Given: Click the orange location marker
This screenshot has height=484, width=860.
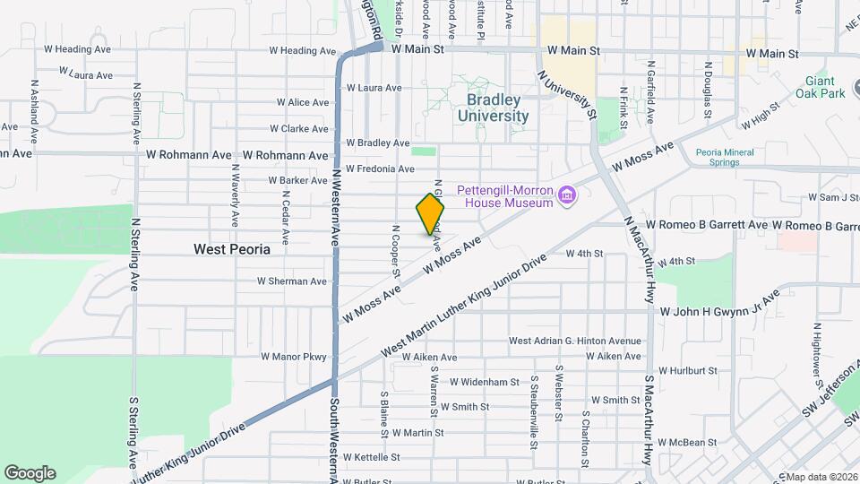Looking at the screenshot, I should point(430,212).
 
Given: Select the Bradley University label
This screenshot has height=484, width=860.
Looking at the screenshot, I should point(493,108).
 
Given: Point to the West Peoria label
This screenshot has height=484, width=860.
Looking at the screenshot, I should point(231,249).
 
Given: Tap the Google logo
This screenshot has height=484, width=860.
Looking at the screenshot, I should point(30,473).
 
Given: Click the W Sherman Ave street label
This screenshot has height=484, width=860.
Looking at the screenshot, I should point(292,281).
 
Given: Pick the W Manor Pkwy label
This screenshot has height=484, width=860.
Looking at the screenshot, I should point(294,356).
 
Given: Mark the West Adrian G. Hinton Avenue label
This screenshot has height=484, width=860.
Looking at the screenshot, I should point(575,341).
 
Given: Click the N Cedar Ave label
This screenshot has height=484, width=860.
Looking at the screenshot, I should point(285,217).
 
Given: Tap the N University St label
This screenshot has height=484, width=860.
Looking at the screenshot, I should point(568,94).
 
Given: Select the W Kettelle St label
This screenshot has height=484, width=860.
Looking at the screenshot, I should point(371,456).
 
